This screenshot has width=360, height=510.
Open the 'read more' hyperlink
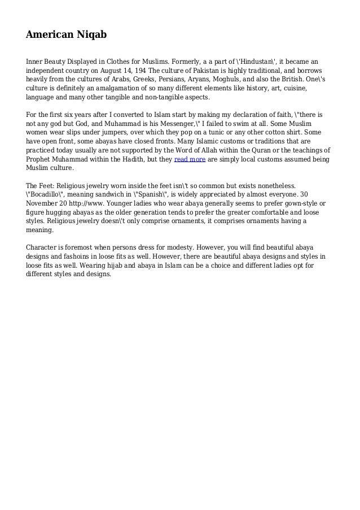190,160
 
